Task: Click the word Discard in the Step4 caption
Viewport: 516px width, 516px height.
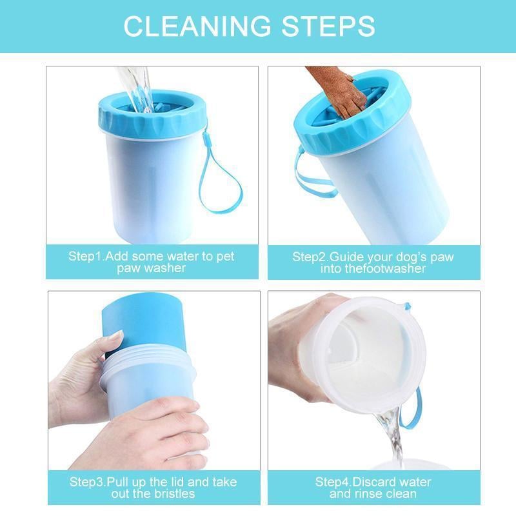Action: pyautogui.click(x=375, y=482)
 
